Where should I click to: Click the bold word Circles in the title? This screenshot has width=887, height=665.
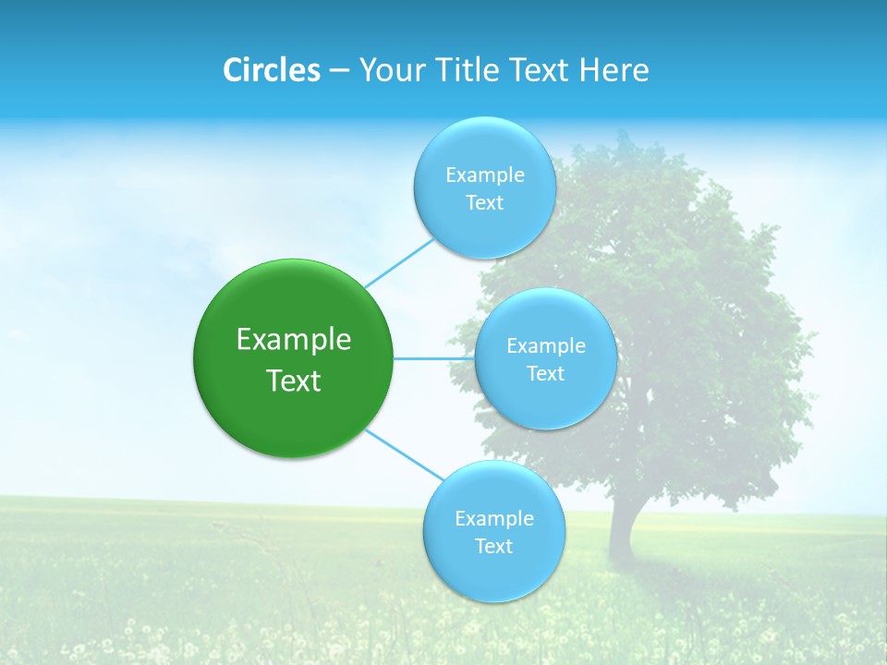click(271, 70)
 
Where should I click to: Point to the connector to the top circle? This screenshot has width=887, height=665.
click(399, 262)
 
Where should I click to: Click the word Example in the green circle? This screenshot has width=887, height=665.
click(294, 339)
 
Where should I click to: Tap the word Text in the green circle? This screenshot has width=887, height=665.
click(294, 380)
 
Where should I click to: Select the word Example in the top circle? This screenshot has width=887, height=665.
click(484, 175)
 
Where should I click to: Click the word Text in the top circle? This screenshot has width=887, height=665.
click(484, 202)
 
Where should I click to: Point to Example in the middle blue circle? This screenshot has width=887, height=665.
click(545, 345)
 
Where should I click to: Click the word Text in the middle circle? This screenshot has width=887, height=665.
click(545, 373)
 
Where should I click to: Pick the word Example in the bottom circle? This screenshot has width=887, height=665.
click(493, 518)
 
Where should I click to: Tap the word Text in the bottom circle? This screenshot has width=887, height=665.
click(493, 546)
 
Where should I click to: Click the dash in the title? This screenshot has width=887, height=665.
click(338, 71)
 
